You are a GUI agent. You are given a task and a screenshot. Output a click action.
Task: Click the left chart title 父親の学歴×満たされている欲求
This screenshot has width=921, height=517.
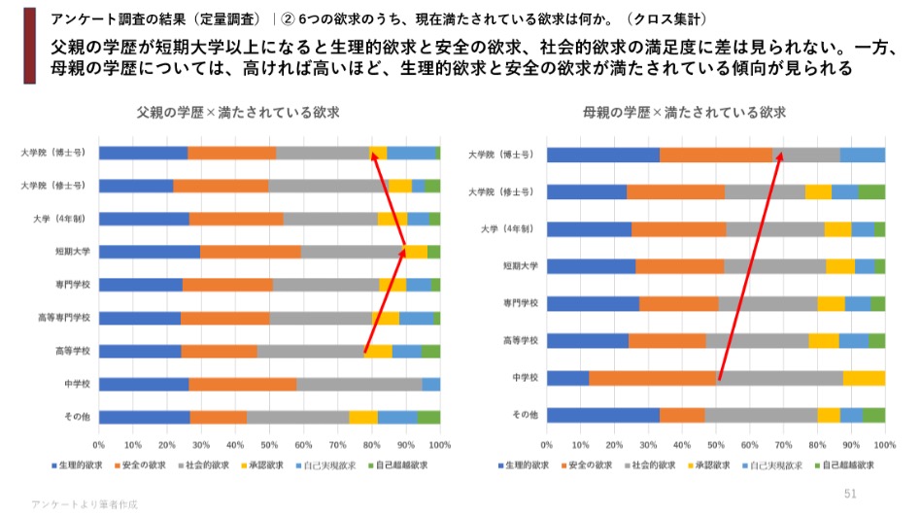pyautogui.click(x=238, y=112)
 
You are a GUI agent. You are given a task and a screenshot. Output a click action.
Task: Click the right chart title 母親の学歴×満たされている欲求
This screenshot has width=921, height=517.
pyautogui.click(x=684, y=112)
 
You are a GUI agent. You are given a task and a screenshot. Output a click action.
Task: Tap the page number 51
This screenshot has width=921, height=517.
pyautogui.click(x=850, y=494)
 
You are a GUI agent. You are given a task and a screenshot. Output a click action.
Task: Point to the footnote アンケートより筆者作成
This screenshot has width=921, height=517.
pyautogui.click(x=85, y=505)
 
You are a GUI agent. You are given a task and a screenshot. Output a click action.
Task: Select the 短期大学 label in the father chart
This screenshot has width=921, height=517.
pyautogui.click(x=72, y=252)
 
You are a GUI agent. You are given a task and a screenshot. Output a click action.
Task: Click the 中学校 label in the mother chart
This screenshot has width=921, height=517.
pyautogui.click(x=525, y=377)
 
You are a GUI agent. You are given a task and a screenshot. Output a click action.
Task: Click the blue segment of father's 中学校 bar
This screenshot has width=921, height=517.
pyautogui.click(x=144, y=384)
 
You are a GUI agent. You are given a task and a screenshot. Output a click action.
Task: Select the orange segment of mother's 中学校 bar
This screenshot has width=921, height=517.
pyautogui.click(x=652, y=378)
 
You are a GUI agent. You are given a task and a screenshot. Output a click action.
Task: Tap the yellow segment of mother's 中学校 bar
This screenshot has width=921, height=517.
pyautogui.click(x=864, y=378)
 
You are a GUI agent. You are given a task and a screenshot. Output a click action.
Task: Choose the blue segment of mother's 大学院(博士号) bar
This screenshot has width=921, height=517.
pyautogui.click(x=603, y=155)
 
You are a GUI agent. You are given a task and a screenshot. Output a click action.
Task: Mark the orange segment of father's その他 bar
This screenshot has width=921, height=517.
pyautogui.click(x=219, y=417)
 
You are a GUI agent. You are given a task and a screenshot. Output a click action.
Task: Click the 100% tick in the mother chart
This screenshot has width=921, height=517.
pyautogui.click(x=884, y=444)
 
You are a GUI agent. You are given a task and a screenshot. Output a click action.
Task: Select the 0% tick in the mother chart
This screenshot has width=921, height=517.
pyautogui.click(x=547, y=444)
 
